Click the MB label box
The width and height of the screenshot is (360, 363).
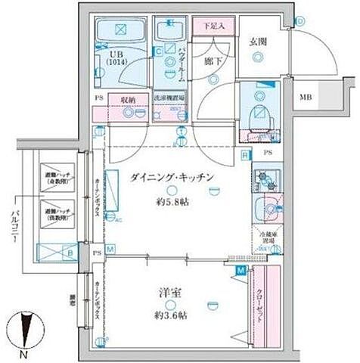pos(305,98)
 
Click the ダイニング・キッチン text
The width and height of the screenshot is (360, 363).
pos(173,177)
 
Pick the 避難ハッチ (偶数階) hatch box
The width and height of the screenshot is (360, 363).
pos(57,213)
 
